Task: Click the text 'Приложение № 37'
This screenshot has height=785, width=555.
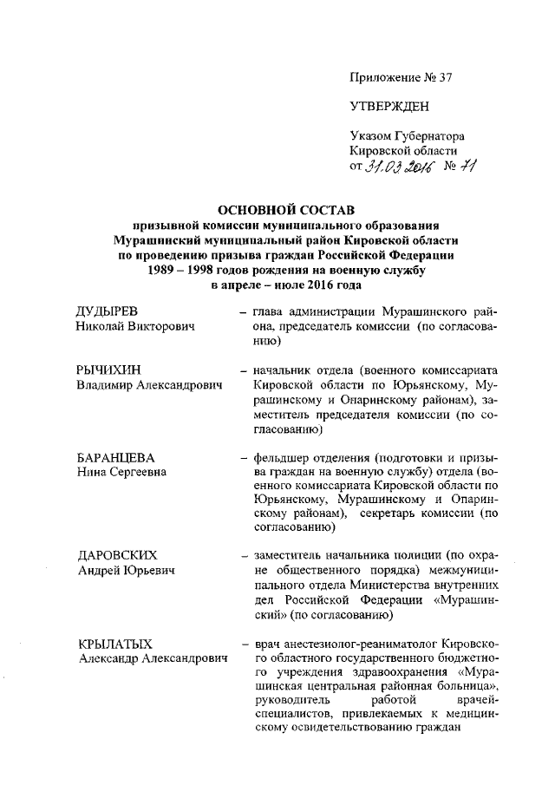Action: coord(402,76)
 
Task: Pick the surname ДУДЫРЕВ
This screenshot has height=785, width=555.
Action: coord(108,311)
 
